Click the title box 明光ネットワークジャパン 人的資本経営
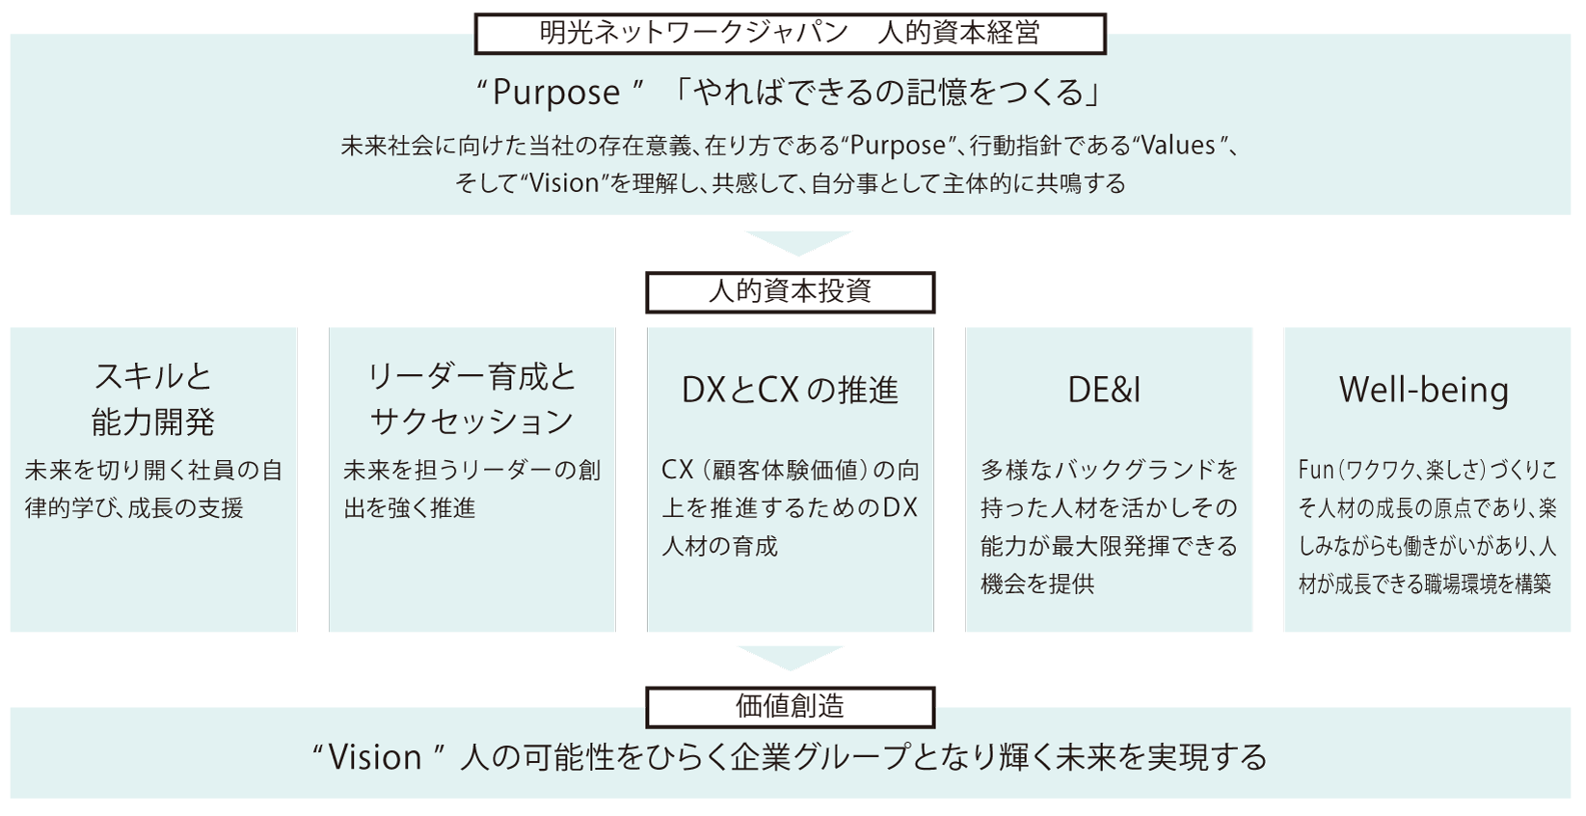tap(790, 35)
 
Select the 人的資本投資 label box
tap(790, 291)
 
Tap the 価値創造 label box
tap(790, 706)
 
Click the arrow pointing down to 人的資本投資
tap(797, 243)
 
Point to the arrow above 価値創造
tap(790, 657)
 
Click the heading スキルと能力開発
tap(153, 398)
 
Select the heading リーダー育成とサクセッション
tap(471, 398)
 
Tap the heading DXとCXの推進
tap(790, 390)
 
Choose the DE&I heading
tap(1105, 390)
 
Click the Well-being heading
tap(1423, 390)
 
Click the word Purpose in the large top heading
tap(556, 93)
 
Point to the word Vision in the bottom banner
tap(375, 757)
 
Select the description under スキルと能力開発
tap(153, 489)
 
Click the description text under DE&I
tap(1109, 527)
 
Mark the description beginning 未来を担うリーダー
tap(471, 489)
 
